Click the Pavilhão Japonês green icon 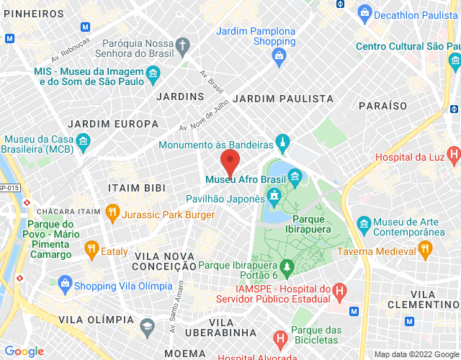[274, 194]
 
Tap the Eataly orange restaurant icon [91, 251]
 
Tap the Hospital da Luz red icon [453, 153]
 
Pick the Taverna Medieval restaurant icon [425, 249]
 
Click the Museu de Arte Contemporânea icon [363, 223]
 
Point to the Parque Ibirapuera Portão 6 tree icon [287, 269]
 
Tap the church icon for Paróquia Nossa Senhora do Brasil [184, 46]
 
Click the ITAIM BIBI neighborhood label [136, 188]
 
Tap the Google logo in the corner [24, 351]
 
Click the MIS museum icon [152, 73]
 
